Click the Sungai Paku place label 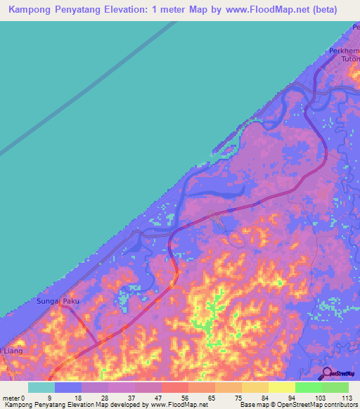pyautogui.click(x=58, y=301)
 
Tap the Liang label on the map pyautogui.click(x=13, y=350)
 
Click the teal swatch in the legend pyautogui.click(x=41, y=387)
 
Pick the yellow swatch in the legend pyautogui.click(x=281, y=387)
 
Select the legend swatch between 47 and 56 pyautogui.click(x=174, y=387)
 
